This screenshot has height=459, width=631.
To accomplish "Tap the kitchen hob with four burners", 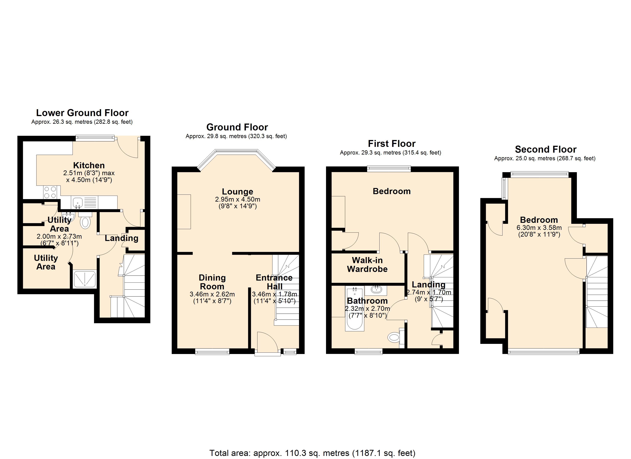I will pyautogui.click(x=50, y=192).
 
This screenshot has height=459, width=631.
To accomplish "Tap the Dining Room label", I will pyautogui.click(x=212, y=282).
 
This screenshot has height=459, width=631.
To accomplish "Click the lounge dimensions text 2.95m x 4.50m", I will pyautogui.click(x=237, y=199).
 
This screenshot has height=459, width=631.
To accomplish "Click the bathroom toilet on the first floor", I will pyautogui.click(x=394, y=338).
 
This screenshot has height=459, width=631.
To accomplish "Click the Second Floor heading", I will pyautogui.click(x=545, y=150).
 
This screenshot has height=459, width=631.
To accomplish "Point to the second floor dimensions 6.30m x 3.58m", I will pyautogui.click(x=539, y=227).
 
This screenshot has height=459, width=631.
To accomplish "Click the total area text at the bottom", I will pyautogui.click(x=312, y=453).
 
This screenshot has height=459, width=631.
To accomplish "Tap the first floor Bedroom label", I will pyautogui.click(x=391, y=191).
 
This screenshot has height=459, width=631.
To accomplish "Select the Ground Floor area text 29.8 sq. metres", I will pyautogui.click(x=236, y=136).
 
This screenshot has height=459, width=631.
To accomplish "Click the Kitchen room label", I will pyautogui.click(x=89, y=165).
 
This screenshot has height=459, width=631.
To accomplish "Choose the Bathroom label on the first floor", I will pyautogui.click(x=367, y=301).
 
